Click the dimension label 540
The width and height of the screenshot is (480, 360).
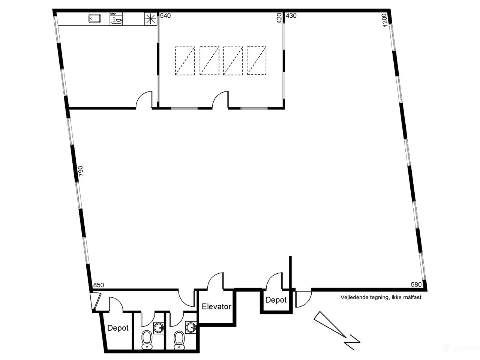point(165,16)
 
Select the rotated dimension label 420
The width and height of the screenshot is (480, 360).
point(279,18)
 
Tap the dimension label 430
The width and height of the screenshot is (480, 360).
point(291,16)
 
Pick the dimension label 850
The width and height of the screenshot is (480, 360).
point(98,285)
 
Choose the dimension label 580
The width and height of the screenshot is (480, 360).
point(416,285)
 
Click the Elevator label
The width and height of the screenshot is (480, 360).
point(216,307)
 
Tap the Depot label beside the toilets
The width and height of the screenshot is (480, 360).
point(118,328)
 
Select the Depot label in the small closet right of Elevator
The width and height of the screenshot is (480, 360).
point(276,300)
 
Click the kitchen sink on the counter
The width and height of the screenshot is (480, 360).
point(94,18)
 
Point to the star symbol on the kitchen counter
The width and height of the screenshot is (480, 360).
point(150,19)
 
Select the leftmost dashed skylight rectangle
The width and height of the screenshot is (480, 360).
point(185,61)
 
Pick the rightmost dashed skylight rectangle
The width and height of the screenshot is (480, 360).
point(256,61)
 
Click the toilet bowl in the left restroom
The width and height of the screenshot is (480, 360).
point(147,340)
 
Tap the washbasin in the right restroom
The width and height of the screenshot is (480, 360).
point(191,327)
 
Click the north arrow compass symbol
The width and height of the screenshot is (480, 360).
point(336,330)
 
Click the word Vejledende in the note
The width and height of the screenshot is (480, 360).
point(353,298)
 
